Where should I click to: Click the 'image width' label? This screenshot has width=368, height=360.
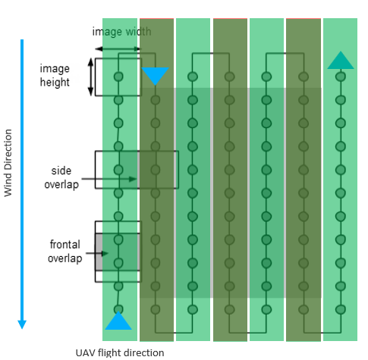click(121, 32)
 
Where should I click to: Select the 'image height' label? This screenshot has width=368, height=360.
click(55, 76)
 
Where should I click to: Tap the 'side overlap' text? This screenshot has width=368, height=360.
click(61, 177)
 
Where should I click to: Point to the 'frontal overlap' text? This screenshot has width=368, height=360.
click(65, 252)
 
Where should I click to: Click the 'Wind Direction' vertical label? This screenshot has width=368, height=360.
click(8, 163)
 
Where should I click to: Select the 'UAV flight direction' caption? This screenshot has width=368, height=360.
click(120, 352)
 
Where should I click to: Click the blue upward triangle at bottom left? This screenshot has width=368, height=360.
click(118, 321)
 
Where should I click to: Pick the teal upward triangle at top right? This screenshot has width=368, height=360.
click(341, 60)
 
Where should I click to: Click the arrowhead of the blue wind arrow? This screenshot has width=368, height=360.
click(22, 324)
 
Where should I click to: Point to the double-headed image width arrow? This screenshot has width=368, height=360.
click(118, 49)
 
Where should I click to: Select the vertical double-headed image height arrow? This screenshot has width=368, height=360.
click(90, 77)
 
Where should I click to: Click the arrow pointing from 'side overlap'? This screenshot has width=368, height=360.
click(109, 179)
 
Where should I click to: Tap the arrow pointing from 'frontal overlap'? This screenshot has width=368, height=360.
click(97, 253)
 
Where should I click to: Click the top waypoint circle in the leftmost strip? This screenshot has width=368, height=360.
click(118, 77)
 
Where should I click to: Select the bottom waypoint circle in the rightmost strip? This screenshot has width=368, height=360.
click(341, 309)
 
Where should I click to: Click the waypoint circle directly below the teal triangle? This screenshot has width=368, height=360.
click(341, 77)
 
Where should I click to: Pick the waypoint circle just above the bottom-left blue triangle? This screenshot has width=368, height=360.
click(118, 309)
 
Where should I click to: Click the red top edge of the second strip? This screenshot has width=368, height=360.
click(156, 18)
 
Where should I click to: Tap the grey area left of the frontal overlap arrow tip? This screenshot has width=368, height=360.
click(99, 252)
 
